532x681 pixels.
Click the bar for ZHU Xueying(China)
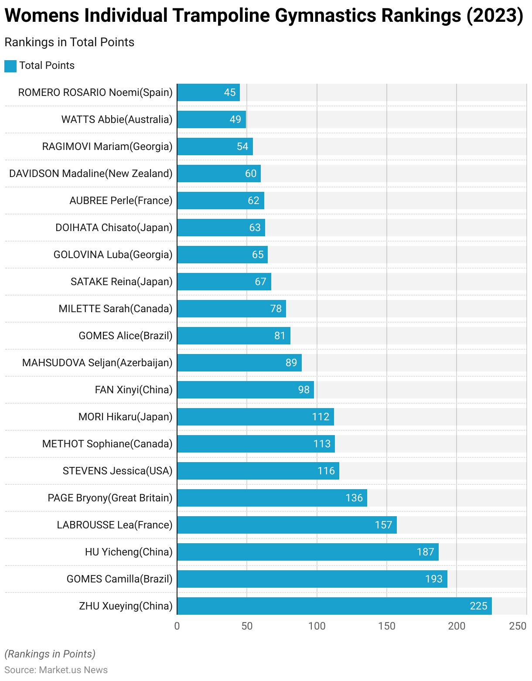pos(334,606)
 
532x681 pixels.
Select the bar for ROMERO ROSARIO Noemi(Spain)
pos(208,92)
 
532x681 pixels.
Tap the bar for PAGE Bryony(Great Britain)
pos(272,498)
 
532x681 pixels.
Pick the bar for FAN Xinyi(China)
pos(245,390)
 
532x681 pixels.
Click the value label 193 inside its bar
pos(434,579)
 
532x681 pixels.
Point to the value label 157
pos(384,525)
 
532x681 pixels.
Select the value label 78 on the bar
pos(276,309)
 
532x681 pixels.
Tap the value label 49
pos(235,119)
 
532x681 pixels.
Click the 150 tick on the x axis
pos(387,626)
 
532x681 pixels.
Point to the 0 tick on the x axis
pos(177,626)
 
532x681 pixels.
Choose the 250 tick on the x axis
pos(518,626)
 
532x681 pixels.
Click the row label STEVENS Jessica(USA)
pos(117,471)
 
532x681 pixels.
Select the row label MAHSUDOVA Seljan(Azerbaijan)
pos(97,363)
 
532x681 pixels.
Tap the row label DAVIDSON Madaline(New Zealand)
pos(91,174)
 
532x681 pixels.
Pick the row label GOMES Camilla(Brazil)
pos(119,579)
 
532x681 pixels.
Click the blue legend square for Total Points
pos(10,66)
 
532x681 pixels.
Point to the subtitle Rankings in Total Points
pos(69,42)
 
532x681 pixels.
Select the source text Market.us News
pos(73,670)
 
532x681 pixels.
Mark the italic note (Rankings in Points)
pos(50,654)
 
